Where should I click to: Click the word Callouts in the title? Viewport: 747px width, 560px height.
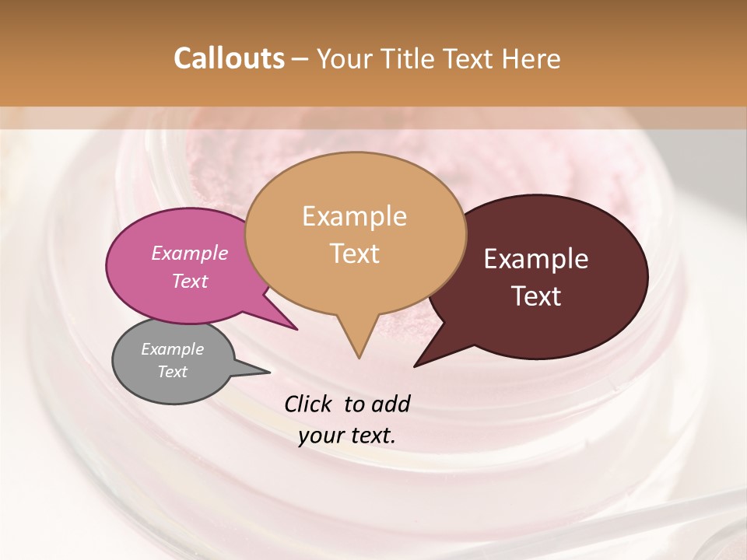pyautogui.click(x=229, y=58)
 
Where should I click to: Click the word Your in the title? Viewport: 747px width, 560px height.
pyautogui.click(x=344, y=58)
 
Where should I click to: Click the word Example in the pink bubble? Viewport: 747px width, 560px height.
pyautogui.click(x=190, y=253)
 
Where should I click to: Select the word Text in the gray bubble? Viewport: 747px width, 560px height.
pyautogui.click(x=173, y=372)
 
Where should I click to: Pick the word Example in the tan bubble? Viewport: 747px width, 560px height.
pyautogui.click(x=354, y=216)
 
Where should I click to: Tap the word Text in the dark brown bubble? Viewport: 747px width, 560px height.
pyautogui.click(x=537, y=296)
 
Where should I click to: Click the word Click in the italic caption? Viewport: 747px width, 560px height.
pyautogui.click(x=309, y=404)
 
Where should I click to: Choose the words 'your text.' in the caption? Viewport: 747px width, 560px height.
pyautogui.click(x=347, y=436)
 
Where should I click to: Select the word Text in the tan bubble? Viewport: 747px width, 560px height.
pyautogui.click(x=355, y=254)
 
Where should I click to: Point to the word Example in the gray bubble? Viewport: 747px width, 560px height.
pyautogui.click(x=173, y=349)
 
